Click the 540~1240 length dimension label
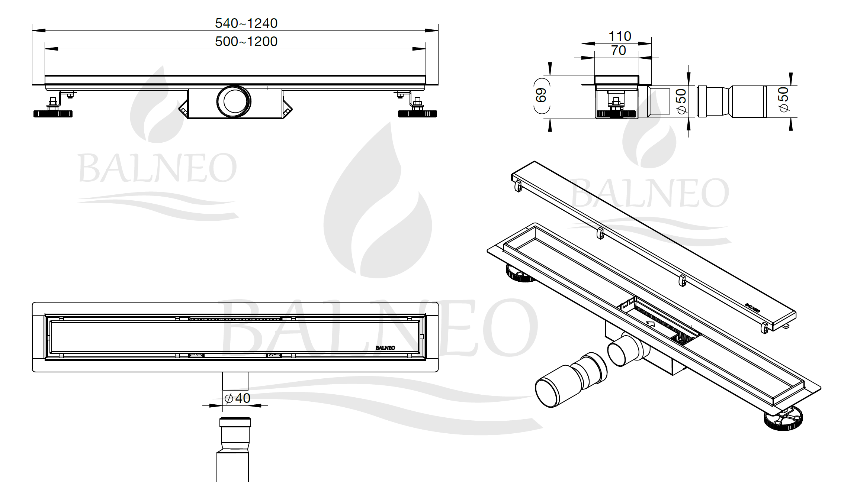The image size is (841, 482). tap(246, 23)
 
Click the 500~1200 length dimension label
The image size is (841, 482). tap(246, 41)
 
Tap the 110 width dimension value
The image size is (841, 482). tap(620, 36)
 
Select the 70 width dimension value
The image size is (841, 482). tap(619, 50)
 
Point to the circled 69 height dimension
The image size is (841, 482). tap(542, 95)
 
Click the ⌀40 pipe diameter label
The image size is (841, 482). tap(237, 398)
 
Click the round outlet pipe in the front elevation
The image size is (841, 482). tap(234, 101)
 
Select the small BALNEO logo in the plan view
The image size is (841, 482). tap(385, 348)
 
